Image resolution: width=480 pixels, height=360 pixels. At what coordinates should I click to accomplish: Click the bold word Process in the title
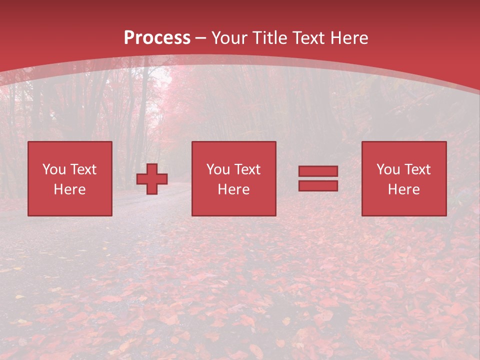[157, 38]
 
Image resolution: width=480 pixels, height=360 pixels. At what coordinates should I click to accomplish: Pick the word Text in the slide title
[307, 38]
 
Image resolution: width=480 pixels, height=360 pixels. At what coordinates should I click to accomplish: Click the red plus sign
[152, 179]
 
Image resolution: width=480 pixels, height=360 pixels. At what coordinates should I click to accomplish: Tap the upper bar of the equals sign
[318, 171]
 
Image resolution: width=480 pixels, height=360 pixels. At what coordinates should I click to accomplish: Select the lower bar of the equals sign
[318, 185]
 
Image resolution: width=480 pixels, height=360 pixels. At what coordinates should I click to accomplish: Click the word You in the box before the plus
[54, 169]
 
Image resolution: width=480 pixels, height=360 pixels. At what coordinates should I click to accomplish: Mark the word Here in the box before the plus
[70, 189]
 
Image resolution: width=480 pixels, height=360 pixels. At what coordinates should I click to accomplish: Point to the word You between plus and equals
[218, 169]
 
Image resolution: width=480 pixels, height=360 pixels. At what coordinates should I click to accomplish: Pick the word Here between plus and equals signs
[234, 189]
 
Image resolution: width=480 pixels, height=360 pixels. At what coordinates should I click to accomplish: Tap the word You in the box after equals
[388, 169]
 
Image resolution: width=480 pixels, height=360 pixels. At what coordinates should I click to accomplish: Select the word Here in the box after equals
[404, 189]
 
